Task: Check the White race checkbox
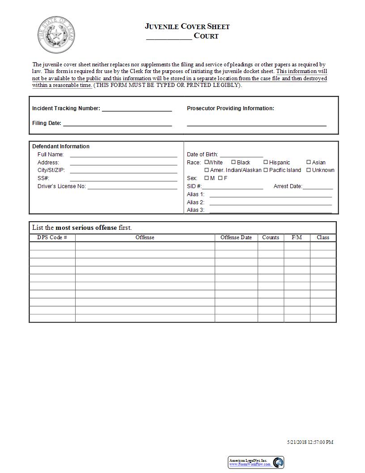click(x=207, y=162)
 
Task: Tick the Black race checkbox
click(x=233, y=162)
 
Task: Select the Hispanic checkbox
click(x=266, y=162)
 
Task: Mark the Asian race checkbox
click(x=309, y=162)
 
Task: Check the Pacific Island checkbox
click(x=266, y=170)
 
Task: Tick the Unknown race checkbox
click(x=309, y=170)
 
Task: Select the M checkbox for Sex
click(x=207, y=178)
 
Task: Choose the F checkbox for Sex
click(x=221, y=178)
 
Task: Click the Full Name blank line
click(x=123, y=155)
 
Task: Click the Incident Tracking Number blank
click(x=137, y=109)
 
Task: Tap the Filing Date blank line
click(x=117, y=124)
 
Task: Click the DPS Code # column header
click(x=52, y=237)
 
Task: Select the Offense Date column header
click(x=236, y=237)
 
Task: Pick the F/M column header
click(x=297, y=237)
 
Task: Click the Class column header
click(x=323, y=237)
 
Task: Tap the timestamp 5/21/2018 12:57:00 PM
click(x=310, y=442)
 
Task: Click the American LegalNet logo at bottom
click(x=256, y=462)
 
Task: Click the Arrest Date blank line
click(x=318, y=187)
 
